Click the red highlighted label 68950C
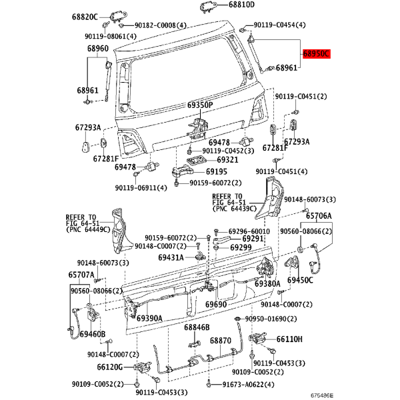tap(316, 54)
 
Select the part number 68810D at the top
tap(241, 5)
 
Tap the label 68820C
tap(85, 17)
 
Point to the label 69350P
tap(200, 105)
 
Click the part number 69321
tap(227, 160)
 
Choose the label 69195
tap(216, 172)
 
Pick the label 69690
tap(216, 305)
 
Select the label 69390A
tap(149, 319)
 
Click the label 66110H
tap(289, 339)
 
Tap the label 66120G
tap(110, 367)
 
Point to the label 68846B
tap(197, 327)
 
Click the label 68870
tap(221, 341)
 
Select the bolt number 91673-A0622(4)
tap(248, 385)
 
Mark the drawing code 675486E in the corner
tap(322, 395)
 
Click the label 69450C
tap(300, 280)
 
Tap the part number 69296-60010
tap(249, 231)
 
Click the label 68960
tap(98, 48)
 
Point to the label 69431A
tap(171, 257)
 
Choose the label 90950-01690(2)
tap(271, 319)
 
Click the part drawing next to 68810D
tap(208, 6)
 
